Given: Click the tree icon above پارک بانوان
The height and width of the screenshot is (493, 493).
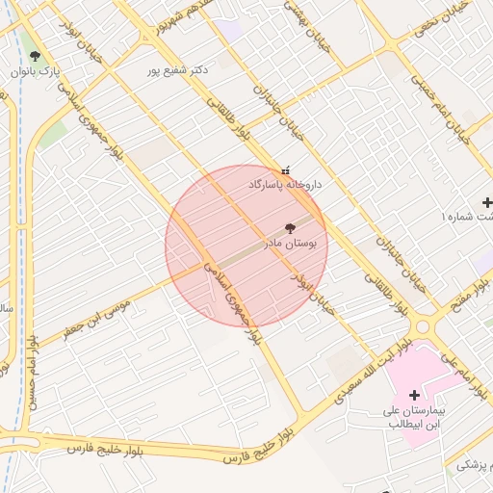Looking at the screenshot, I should [x=36, y=57].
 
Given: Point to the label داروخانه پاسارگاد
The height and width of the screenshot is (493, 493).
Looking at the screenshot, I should [x=285, y=183].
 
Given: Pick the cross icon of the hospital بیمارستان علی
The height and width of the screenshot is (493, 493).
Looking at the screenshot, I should [x=415, y=395].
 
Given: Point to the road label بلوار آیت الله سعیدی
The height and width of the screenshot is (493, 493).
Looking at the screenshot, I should [x=371, y=372].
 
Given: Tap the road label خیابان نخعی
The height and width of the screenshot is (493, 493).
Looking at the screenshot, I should [x=446, y=19].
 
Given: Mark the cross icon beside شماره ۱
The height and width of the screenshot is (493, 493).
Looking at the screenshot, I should [x=487, y=203].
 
